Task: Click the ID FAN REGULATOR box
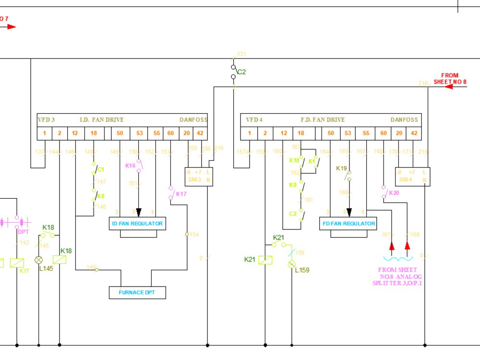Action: [x=137, y=224]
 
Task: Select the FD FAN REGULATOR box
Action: [x=348, y=224]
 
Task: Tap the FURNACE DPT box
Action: [x=137, y=292]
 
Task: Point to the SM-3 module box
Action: [x=199, y=176]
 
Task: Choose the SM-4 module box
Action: [x=411, y=176]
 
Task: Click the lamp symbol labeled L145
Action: [x=39, y=260]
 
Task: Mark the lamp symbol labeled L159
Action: [x=291, y=264]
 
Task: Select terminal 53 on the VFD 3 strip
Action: [x=139, y=133]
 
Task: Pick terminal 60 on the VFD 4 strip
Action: [x=383, y=133]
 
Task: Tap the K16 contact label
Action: [x=130, y=166]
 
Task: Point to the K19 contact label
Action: [x=341, y=168]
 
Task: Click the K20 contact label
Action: [x=394, y=193]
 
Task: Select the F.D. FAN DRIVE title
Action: [x=323, y=120]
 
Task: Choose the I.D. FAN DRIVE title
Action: [x=101, y=120]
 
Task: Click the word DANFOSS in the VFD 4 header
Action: [x=404, y=120]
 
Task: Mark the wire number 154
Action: [x=194, y=235]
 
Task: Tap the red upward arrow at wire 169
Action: [x=408, y=246]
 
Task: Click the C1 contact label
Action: [x=101, y=169]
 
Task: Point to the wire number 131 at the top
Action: [x=241, y=54]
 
